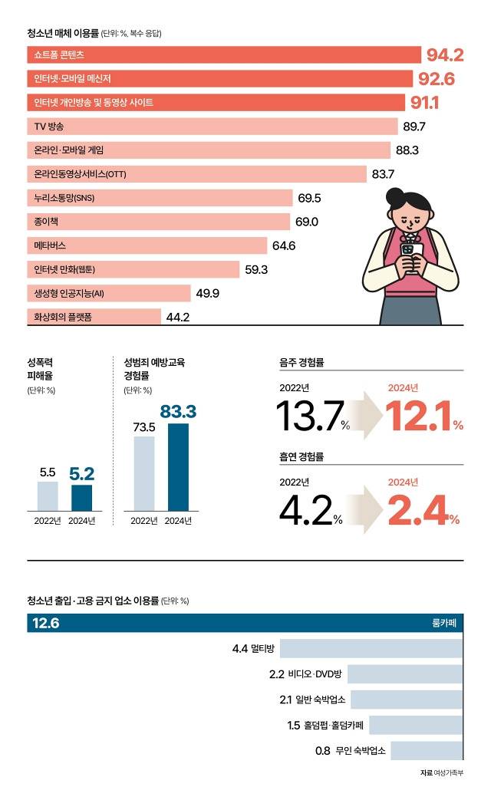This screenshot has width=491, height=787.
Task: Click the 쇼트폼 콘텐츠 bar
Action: click(222, 55)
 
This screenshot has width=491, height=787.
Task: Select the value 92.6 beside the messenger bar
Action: click(437, 79)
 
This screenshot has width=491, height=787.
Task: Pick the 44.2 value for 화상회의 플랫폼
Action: click(178, 317)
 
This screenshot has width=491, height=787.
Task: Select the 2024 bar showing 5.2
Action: click(81, 498)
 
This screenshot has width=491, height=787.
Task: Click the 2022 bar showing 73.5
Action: click(143, 473)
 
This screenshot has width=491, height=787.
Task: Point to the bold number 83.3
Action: click(178, 412)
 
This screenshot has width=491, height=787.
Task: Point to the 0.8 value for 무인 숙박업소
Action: click(323, 749)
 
